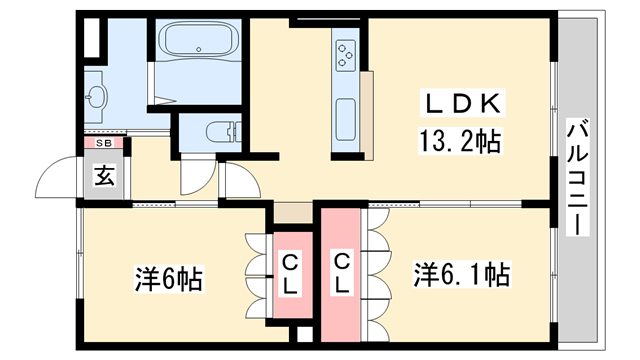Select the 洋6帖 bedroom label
click(x=169, y=277)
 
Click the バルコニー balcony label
click(x=577, y=177)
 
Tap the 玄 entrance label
click(x=104, y=178)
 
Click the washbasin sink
click(x=97, y=98)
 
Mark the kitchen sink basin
click(x=346, y=119)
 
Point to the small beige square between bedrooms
click(x=292, y=213)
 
